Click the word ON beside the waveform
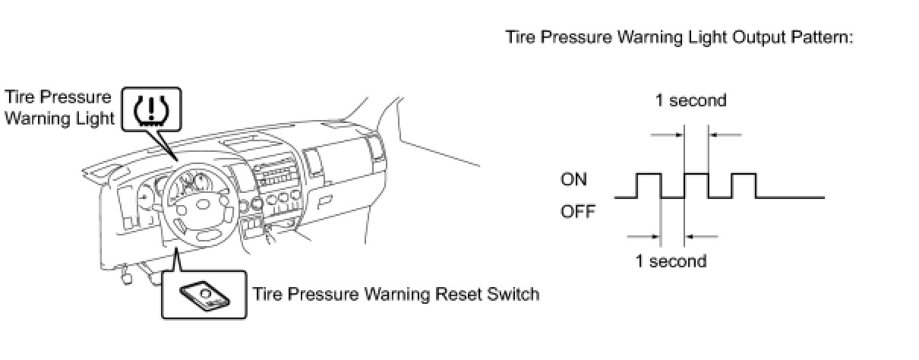tap(573, 180)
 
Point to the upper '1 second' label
tap(691, 100)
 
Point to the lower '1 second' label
tap(671, 261)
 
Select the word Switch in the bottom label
tap(510, 293)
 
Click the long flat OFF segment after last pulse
tap(790, 197)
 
